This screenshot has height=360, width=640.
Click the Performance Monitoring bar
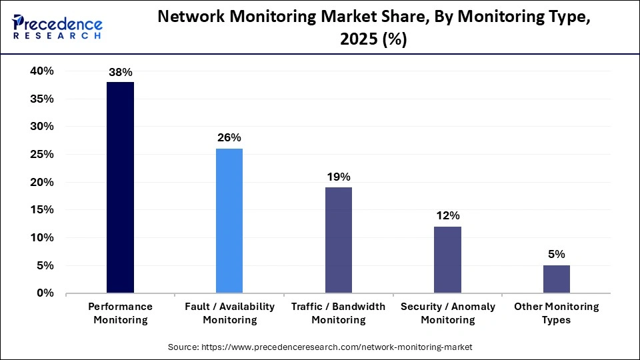click(x=121, y=187)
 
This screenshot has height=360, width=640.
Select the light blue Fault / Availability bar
click(x=229, y=221)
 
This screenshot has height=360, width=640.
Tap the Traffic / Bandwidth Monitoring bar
click(x=339, y=240)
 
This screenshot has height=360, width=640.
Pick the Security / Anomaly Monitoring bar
click(x=447, y=259)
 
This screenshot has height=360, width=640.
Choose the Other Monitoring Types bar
click(x=557, y=279)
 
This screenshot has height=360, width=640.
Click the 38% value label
click(x=121, y=72)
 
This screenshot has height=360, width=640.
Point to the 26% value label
click(x=229, y=138)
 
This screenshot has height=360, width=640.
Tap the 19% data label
click(x=339, y=177)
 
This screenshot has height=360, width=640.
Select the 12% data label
click(x=447, y=216)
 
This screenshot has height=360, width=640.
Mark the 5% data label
click(x=557, y=254)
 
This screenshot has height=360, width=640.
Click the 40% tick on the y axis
click(x=41, y=71)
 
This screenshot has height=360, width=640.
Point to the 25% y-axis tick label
click(x=41, y=155)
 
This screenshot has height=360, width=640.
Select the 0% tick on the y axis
click(x=45, y=293)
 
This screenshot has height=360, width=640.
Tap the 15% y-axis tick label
click(x=41, y=210)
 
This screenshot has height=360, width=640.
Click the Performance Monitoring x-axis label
click(x=121, y=313)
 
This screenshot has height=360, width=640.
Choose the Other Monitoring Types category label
click(x=557, y=313)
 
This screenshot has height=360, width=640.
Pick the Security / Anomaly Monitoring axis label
click(x=447, y=313)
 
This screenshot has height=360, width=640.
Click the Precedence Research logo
click(x=57, y=27)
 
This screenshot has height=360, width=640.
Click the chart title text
click(x=373, y=28)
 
